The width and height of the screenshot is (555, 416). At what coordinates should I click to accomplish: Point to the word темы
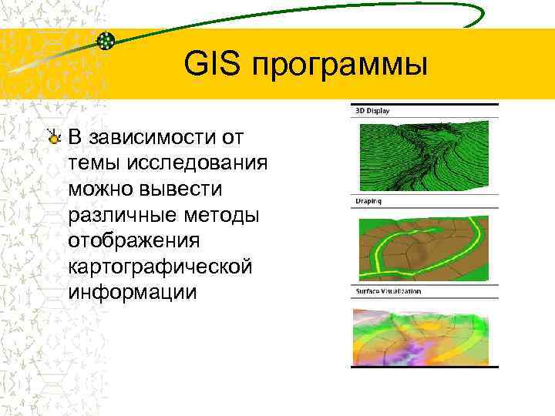click(x=92, y=163)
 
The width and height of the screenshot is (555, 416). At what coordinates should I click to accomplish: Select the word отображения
click(x=133, y=241)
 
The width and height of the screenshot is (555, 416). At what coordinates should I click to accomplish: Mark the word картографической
click(x=160, y=267)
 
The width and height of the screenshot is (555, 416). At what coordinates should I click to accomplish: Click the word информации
click(x=132, y=293)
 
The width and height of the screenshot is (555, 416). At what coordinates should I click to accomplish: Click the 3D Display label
click(x=372, y=110)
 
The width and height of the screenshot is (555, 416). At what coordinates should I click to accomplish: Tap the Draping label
click(x=368, y=200)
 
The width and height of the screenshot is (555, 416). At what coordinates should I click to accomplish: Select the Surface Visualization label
click(x=388, y=292)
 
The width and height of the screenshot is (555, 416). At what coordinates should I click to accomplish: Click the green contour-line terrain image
click(x=425, y=154)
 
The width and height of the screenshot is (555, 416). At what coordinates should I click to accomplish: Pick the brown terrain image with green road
click(x=425, y=245)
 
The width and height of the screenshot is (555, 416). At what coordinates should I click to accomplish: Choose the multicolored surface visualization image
click(x=425, y=337)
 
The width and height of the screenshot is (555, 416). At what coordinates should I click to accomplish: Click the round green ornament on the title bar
click(x=106, y=40)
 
